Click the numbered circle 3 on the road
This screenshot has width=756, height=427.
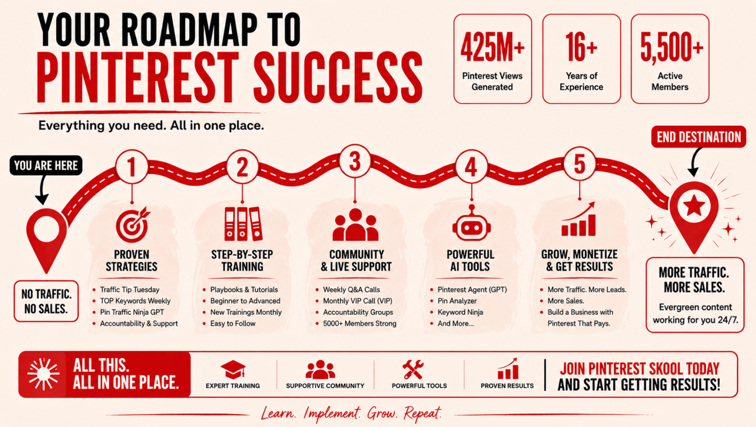355,161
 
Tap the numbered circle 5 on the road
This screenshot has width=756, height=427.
580,164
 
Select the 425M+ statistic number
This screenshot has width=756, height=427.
492,47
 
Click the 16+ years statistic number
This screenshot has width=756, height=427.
581,47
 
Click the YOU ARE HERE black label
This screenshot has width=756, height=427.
46,165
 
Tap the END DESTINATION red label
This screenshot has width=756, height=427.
699,137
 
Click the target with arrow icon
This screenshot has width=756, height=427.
133,224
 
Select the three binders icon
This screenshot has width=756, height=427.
243,223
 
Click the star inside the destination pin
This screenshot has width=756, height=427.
694,206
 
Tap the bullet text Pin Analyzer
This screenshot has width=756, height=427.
457,301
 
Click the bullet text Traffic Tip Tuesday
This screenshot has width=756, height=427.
130,290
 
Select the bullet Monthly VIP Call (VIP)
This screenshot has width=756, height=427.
358,301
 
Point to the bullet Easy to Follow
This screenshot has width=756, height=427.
233,324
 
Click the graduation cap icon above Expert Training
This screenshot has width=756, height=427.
233,370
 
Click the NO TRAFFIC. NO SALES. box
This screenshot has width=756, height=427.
46,301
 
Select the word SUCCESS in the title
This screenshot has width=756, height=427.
338,78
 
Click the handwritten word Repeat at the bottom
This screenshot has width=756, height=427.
423,413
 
